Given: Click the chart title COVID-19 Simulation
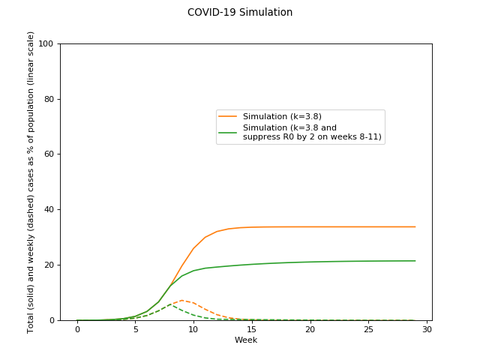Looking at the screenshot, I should (240, 13).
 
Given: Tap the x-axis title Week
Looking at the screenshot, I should (246, 340).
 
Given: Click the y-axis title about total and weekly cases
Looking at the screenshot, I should (31, 181).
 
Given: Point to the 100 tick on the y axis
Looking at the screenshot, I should (46, 43).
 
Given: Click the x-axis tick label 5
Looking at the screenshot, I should (135, 329).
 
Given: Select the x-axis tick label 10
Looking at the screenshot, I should (193, 329).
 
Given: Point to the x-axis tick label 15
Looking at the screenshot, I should (251, 329).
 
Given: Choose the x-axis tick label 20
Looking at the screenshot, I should (310, 329).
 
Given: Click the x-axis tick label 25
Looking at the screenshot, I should (368, 329).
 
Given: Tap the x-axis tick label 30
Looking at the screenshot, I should (426, 329).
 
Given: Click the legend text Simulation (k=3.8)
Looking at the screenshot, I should (282, 116).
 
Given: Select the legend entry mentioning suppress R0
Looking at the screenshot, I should (312, 132).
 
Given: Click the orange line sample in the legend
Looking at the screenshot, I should (227, 116).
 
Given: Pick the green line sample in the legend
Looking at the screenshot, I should (227, 132).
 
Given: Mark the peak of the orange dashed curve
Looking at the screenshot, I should (181, 300).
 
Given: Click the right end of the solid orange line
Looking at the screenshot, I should (415, 226).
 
